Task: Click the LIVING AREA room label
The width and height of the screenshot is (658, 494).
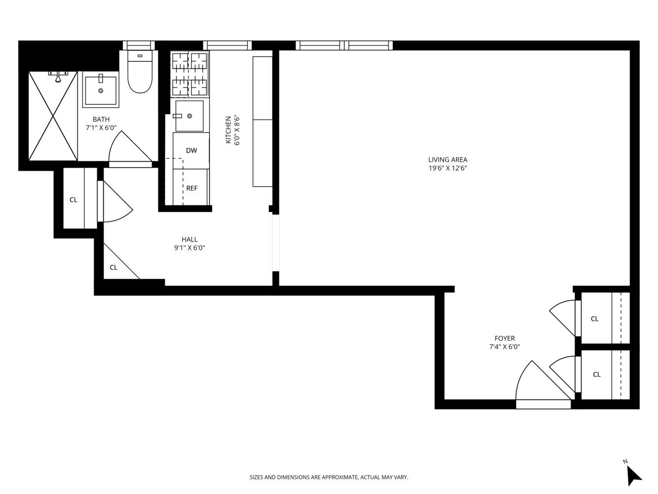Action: point(447,160)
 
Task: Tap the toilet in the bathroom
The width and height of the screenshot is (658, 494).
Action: point(140,72)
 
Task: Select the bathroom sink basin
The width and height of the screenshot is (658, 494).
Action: point(101,89)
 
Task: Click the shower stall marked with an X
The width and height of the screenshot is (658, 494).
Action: point(53,116)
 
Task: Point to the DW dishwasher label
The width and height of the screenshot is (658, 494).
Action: point(191,151)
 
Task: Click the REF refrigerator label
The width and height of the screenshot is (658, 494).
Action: point(192,188)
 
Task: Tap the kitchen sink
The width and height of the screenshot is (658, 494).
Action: point(189,116)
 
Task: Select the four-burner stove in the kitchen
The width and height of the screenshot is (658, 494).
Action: point(190,74)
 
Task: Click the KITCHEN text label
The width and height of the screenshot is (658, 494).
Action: point(229,130)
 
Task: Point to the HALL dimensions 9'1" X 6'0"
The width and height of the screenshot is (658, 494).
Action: point(190,248)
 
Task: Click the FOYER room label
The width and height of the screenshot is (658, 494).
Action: point(504,338)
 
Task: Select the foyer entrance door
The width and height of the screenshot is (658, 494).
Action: point(543,384)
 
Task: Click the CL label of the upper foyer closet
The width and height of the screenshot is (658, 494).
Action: point(594,319)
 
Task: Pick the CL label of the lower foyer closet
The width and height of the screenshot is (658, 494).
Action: point(597,374)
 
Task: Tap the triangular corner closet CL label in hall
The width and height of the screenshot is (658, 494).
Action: point(114,267)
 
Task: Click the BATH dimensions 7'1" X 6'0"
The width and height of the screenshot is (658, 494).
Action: point(101,128)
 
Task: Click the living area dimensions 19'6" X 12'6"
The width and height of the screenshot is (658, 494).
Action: point(448,168)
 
